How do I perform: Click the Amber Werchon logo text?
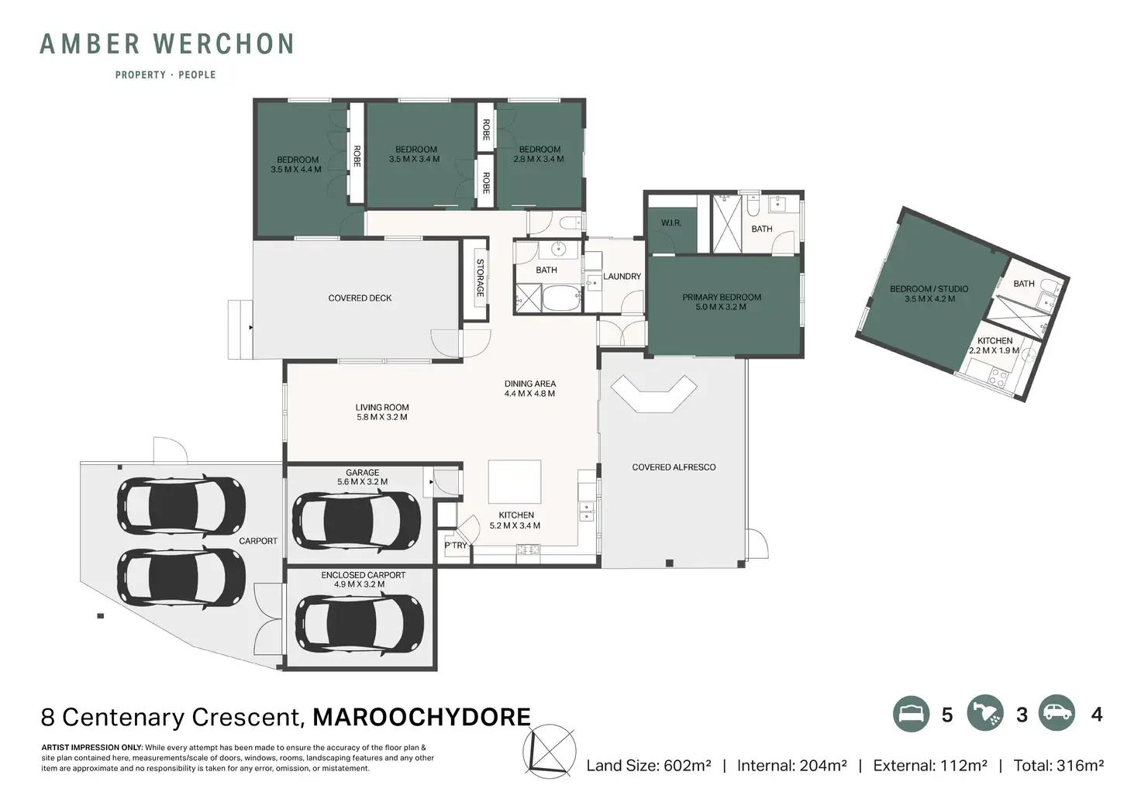pyautogui.click(x=167, y=44)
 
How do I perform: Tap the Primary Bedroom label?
pyautogui.click(x=722, y=297)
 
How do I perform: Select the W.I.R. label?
pyautogui.click(x=670, y=223)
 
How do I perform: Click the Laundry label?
pyautogui.click(x=622, y=276)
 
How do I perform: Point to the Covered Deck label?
pyautogui.click(x=360, y=298)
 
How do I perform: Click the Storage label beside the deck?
pyautogui.click(x=480, y=277)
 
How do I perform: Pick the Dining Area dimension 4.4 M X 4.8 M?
pyautogui.click(x=529, y=394)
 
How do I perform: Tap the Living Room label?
pyautogui.click(x=382, y=408)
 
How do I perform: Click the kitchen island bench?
pyautogui.click(x=515, y=482)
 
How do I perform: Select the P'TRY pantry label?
pyautogui.click(x=455, y=546)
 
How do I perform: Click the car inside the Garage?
pyautogui.click(x=356, y=520)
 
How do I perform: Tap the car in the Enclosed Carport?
pyautogui.click(x=359, y=623)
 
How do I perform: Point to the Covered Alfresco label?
pyautogui.click(x=674, y=467)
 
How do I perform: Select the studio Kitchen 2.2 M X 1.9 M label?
pyautogui.click(x=994, y=346)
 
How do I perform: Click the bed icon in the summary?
pyautogui.click(x=912, y=714)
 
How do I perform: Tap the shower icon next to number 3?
pyautogui.click(x=985, y=714)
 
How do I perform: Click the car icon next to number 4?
pyautogui.click(x=1057, y=713)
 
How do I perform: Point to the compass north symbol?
pyautogui.click(x=550, y=752)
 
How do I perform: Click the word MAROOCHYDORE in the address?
pyautogui.click(x=422, y=717)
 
